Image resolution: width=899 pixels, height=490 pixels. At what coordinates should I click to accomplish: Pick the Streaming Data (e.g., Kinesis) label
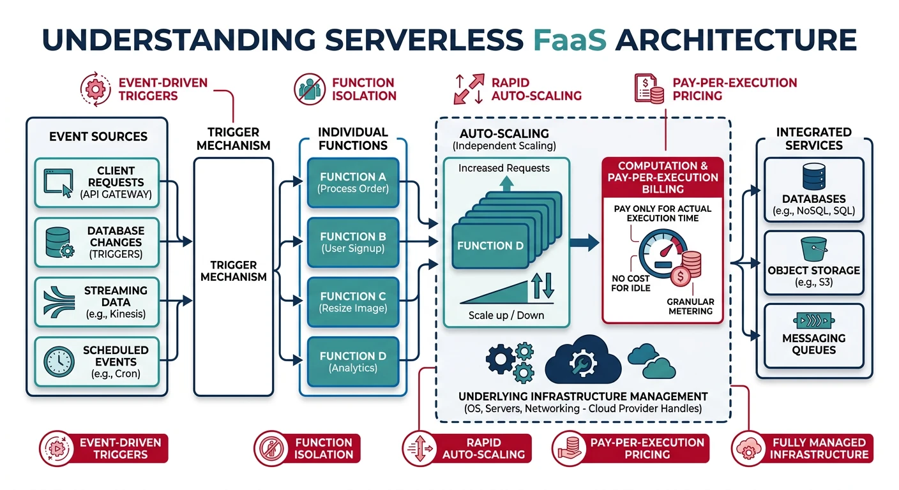[x=115, y=302]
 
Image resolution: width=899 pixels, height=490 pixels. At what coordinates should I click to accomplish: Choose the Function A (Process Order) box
[x=353, y=182]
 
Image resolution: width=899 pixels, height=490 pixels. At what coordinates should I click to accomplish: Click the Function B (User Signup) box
[x=353, y=242]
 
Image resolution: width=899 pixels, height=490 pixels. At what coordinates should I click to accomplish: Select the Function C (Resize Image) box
[x=353, y=302]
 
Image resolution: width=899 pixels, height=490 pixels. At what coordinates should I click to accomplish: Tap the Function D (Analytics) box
[x=353, y=362]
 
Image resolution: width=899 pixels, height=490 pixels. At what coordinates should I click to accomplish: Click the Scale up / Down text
[x=506, y=315]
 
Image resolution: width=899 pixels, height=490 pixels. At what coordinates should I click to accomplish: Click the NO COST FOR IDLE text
[x=630, y=283]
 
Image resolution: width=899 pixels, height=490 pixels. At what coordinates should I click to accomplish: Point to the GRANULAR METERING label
[x=690, y=306]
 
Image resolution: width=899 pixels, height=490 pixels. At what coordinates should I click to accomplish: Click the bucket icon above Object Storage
[x=813, y=249]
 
